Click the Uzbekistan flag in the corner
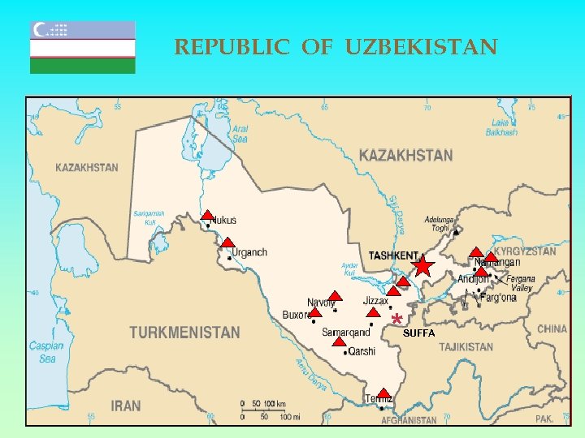[x=83, y=47]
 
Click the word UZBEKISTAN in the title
[x=421, y=48]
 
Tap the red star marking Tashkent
[x=422, y=266]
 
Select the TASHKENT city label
[x=393, y=255]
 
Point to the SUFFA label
[x=419, y=333]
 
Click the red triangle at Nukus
[x=207, y=216]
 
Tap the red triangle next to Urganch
[x=227, y=243]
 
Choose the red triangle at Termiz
[x=383, y=393]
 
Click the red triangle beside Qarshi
[x=340, y=342]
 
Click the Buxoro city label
[x=297, y=315]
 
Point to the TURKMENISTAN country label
[x=184, y=333]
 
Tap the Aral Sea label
[x=240, y=134]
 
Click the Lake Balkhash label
[x=501, y=127]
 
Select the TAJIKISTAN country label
[x=466, y=347]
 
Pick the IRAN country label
[x=125, y=406]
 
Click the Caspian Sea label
[x=46, y=352]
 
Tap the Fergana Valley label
[x=521, y=283]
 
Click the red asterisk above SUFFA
[x=396, y=319]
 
